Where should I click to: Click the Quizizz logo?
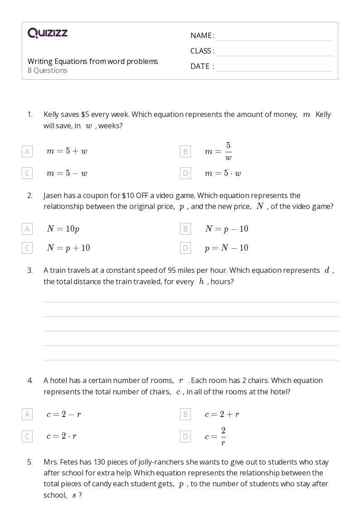pyautogui.click(x=48, y=33)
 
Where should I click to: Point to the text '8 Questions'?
pyautogui.click(x=48, y=71)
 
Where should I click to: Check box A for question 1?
pyautogui.click(x=27, y=151)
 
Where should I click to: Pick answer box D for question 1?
pyautogui.click(x=185, y=173)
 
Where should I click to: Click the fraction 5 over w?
pyautogui.click(x=228, y=151)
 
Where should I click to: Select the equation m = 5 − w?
pyautogui.click(x=67, y=173)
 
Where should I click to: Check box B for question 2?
pyautogui.click(x=185, y=229)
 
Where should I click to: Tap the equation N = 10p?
pyautogui.click(x=63, y=229)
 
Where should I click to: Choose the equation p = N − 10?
pyautogui.click(x=226, y=248)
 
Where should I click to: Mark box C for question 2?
pyautogui.click(x=27, y=248)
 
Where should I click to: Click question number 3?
pyautogui.click(x=30, y=271)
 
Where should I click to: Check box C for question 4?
pyautogui.click(x=27, y=436)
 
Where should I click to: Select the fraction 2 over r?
pyautogui.click(x=223, y=436)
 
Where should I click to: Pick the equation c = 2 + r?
pyautogui.click(x=222, y=414)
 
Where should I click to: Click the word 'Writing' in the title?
pyautogui.click(x=40, y=61)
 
